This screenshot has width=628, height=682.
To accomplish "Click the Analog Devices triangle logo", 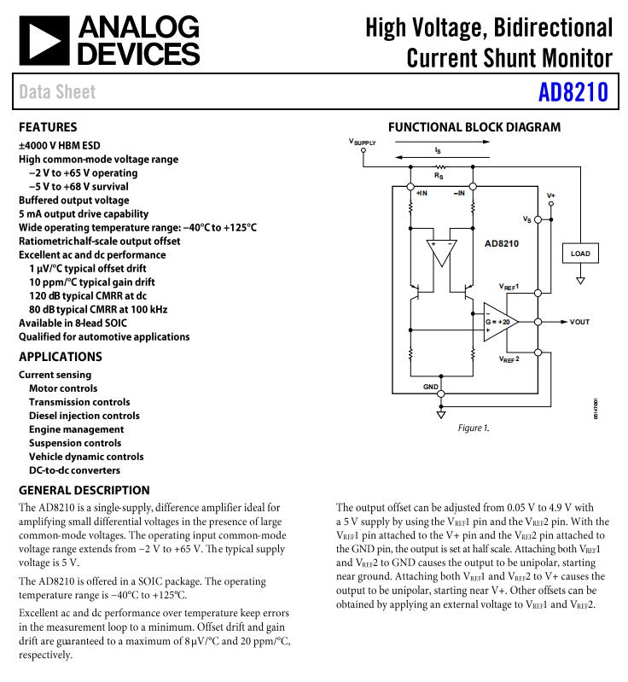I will [x=44, y=41].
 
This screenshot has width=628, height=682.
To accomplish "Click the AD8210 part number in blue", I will [x=573, y=91].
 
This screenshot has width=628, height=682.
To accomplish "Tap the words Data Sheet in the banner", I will [x=57, y=91].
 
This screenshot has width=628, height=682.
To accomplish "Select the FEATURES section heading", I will [x=48, y=127].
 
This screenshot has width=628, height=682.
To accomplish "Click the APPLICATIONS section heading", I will [x=61, y=357].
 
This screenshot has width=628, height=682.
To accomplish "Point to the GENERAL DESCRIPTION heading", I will [x=84, y=490].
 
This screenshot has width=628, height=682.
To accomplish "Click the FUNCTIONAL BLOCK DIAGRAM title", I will [x=474, y=127].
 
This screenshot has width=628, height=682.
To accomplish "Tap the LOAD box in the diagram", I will [x=580, y=254].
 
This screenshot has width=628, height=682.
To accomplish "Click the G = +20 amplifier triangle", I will [x=498, y=322].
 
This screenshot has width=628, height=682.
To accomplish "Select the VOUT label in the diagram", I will [x=579, y=322].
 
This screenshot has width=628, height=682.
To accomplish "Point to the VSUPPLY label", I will [x=363, y=141].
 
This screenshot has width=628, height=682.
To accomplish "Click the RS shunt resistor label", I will [x=439, y=176].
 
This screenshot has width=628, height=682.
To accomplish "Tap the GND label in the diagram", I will [x=431, y=387].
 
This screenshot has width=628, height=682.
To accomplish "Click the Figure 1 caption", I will [x=474, y=428].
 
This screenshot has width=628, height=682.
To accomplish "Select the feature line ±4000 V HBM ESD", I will [x=60, y=145].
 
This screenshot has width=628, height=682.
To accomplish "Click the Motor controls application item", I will [x=63, y=388].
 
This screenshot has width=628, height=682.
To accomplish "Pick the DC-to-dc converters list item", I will [x=74, y=470].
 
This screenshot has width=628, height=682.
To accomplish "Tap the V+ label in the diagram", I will [x=551, y=195].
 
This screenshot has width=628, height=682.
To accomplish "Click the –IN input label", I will [x=459, y=194].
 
